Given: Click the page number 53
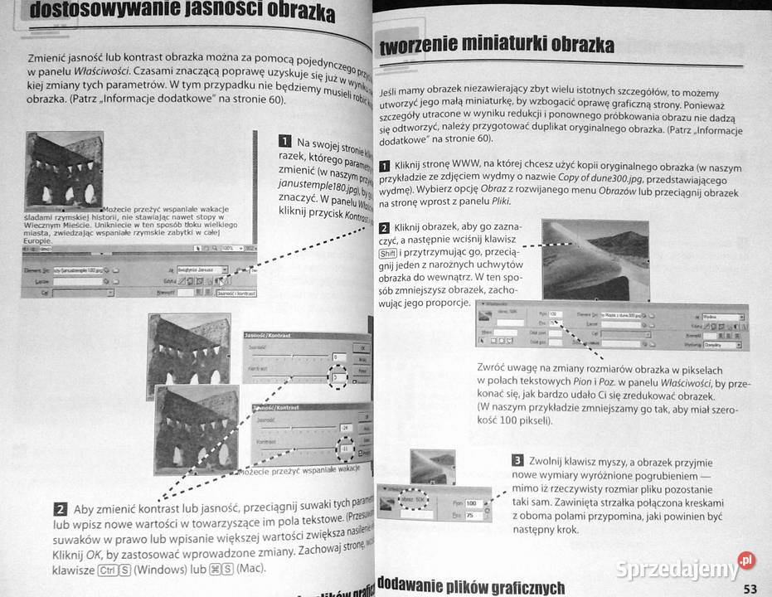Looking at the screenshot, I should coord(750,590).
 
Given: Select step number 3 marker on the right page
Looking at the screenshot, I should coord(517,461).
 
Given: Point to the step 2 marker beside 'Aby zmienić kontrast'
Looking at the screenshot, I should coord(61,509).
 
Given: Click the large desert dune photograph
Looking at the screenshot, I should coord(614,259).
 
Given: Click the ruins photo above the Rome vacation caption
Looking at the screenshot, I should coord(64,170).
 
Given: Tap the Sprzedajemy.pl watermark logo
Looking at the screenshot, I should coord(687,568).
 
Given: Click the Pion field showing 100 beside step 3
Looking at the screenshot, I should coord(471,503).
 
